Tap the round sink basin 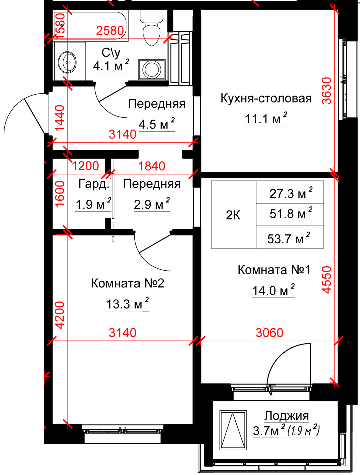coord(67,62)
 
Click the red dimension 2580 coord(110,31)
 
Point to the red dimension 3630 coord(326,91)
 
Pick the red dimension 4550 coord(326,280)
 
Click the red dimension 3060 coord(270,333)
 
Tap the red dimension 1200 coord(85,166)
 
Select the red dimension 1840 coord(151,166)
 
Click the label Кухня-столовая coord(266,98)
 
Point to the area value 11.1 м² coord(266,119)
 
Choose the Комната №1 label coord(274,270)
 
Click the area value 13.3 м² coord(127,304)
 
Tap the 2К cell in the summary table coord(233,215)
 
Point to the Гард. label coord(94,184)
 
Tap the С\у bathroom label coord(111,52)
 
